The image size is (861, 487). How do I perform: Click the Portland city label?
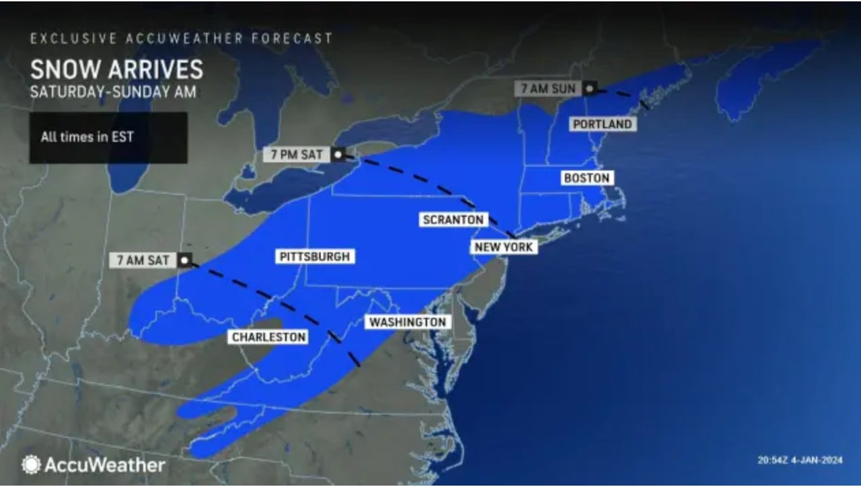click(602, 124)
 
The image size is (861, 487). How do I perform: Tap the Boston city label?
click(587, 178)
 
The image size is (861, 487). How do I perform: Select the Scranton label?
click(453, 220)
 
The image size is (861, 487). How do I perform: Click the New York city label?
click(504, 247)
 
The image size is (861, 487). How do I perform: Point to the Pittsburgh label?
click(315, 257)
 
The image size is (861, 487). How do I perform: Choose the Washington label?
click(408, 322)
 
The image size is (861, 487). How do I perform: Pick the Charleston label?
click(268, 337)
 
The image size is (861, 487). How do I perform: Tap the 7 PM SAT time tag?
click(297, 155)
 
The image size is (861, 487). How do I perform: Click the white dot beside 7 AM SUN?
click(589, 88)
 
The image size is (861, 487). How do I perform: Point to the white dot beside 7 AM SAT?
click(184, 260)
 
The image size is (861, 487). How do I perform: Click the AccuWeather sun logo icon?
click(30, 465)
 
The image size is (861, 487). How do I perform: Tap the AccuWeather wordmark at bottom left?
click(104, 465)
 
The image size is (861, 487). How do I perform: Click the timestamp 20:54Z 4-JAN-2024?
click(799, 461)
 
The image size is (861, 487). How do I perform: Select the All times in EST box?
click(108, 137)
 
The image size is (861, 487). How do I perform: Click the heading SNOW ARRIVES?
click(116, 70)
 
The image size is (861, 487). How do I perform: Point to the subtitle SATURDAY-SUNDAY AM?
click(113, 92)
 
